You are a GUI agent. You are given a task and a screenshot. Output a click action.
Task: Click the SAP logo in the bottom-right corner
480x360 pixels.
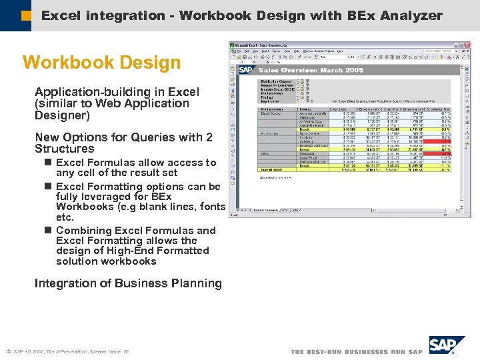[x=446, y=345]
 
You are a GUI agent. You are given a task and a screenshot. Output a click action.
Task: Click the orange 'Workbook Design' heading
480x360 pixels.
[x=101, y=63]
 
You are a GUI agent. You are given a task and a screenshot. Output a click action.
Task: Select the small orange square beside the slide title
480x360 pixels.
[x=26, y=15]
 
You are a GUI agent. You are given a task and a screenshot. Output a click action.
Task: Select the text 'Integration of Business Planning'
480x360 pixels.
[x=128, y=283]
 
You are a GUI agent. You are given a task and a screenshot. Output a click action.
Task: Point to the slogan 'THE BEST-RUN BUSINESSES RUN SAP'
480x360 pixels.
[x=357, y=351]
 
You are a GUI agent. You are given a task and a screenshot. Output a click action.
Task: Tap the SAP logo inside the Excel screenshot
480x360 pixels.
[x=246, y=69]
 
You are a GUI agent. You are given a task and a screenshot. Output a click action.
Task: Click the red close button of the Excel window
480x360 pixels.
[x=468, y=45]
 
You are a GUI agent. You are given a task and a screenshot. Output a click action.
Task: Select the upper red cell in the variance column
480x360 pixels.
[x=445, y=141]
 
